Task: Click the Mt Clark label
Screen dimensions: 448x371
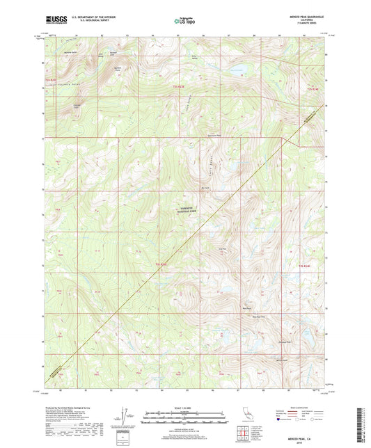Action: point(205,186)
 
